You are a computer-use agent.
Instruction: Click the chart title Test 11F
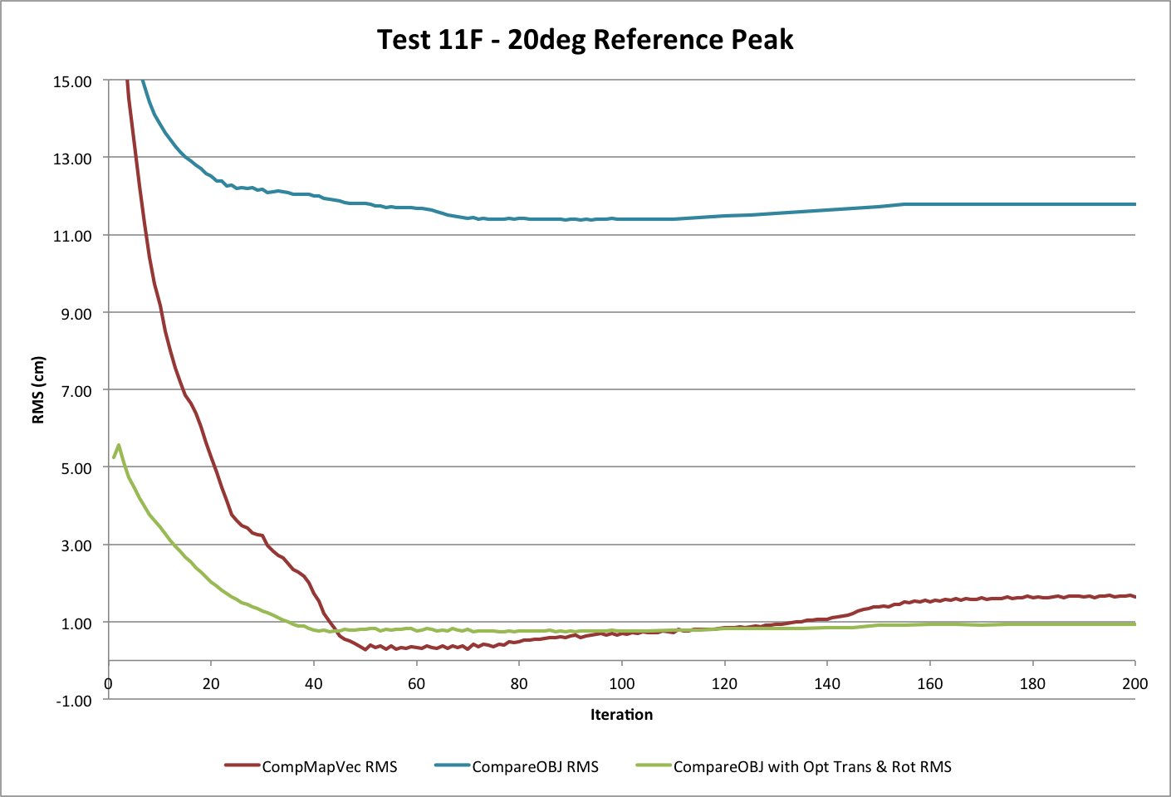[585, 40]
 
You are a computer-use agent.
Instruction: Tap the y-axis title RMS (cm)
[38, 390]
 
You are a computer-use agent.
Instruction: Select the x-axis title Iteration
[621, 714]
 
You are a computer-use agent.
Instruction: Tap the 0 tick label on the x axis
[109, 684]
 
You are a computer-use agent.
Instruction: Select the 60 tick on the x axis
[416, 684]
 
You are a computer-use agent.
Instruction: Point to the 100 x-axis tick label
[621, 684]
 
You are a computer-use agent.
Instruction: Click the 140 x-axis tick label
[826, 684]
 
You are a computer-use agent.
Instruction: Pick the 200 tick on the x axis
[1134, 684]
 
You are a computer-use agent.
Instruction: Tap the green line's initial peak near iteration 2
[119, 445]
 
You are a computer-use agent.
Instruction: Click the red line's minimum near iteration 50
[365, 649]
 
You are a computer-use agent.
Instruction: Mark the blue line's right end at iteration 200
[1134, 204]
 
